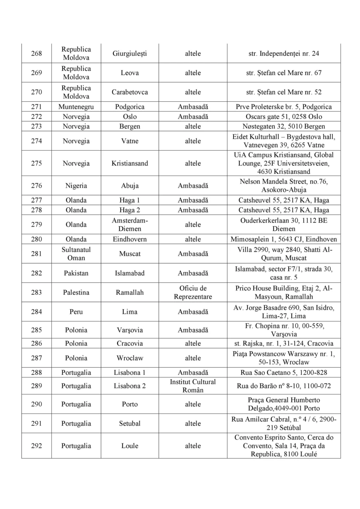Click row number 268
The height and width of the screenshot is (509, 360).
[37, 53]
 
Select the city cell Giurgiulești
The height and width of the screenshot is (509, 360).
[129, 53]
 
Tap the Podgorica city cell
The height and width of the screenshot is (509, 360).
[129, 107]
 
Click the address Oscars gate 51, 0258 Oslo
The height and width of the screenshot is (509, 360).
[284, 117]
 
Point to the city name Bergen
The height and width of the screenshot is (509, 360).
[129, 126]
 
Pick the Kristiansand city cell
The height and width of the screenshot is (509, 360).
[129, 163]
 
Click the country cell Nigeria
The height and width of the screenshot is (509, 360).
[76, 186]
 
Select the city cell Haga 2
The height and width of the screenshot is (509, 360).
[129, 210]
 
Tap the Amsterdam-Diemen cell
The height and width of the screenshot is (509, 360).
[129, 225]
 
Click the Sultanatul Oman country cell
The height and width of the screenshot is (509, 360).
[76, 254]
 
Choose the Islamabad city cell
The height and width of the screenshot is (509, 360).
[129, 273]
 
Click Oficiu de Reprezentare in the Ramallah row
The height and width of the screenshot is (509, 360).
[193, 293]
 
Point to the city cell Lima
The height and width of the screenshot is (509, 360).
[129, 312]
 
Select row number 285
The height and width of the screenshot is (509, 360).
[37, 330]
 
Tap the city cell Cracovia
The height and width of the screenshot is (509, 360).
[129, 344]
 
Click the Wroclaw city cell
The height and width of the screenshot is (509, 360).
[129, 358]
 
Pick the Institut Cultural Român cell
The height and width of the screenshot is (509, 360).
[193, 386]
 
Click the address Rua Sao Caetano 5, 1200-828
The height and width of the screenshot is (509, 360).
[284, 373]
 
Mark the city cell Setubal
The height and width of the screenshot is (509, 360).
[129, 423]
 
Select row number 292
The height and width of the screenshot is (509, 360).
[37, 446]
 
